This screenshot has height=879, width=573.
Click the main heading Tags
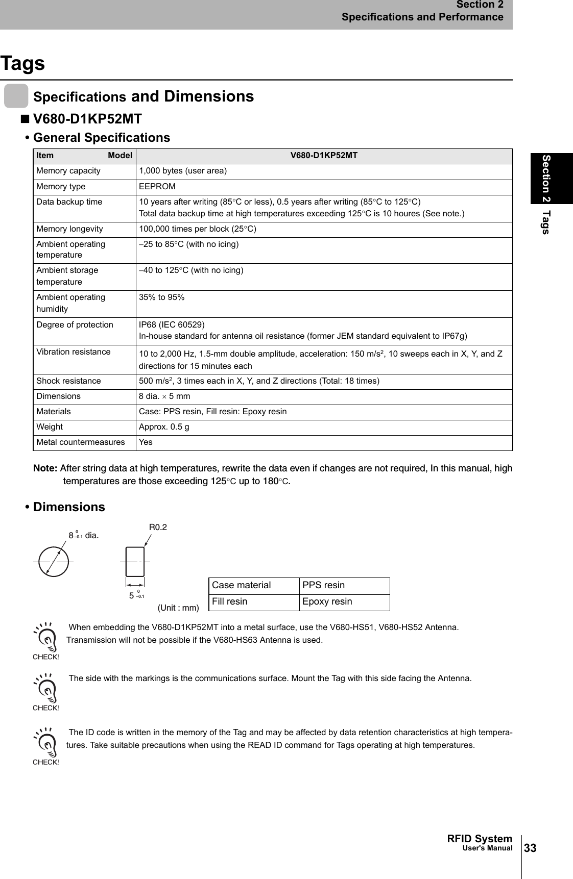(x=22, y=64)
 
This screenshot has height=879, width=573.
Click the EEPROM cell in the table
(x=157, y=187)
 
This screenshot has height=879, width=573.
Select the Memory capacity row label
(x=68, y=171)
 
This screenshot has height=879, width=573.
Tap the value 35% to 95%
(x=162, y=297)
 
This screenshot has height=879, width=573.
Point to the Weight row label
(x=50, y=427)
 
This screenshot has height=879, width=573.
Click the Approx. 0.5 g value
(x=164, y=427)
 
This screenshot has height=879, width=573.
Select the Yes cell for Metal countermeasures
(x=146, y=442)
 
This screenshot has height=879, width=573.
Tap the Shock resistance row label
(x=68, y=381)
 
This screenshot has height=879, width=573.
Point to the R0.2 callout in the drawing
(x=158, y=527)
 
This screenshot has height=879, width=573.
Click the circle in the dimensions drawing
(x=54, y=561)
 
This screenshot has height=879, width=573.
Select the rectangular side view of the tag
(x=135, y=561)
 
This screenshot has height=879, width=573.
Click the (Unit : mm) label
(x=178, y=608)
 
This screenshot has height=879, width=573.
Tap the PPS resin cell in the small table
(x=324, y=585)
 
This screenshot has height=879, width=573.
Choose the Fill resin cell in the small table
(x=230, y=601)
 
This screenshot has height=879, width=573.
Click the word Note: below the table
(x=45, y=468)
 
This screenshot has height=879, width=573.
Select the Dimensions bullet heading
(x=68, y=507)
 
